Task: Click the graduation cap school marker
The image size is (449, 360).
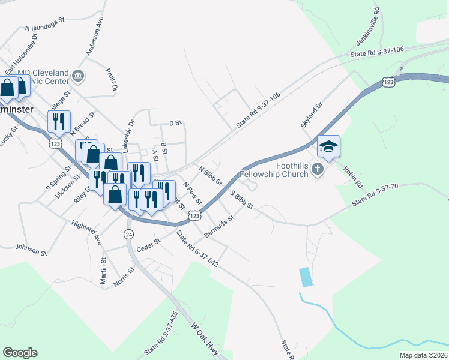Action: tap(329, 146)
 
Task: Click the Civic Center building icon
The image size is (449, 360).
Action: tap(78, 76)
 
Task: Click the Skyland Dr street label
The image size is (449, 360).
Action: tap(312, 115)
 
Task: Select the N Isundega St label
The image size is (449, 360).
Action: tap(44, 27)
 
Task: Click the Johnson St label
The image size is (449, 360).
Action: tap(31, 250)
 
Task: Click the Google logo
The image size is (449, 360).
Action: tap(20, 353)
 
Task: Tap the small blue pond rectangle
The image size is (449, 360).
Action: tap(306, 277)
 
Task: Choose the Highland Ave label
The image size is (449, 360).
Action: tap(87, 232)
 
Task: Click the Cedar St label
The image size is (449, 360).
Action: tap(149, 245)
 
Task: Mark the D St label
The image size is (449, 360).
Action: tap(175, 123)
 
